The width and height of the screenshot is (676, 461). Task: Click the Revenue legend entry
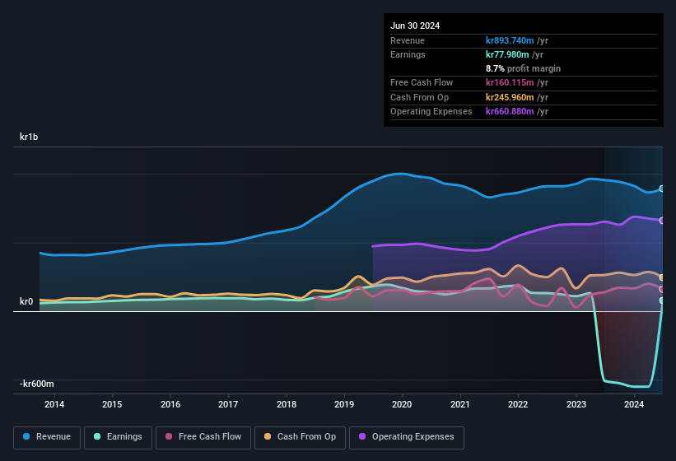pyautogui.click(x=47, y=436)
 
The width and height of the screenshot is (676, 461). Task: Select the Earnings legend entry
pyautogui.click(x=118, y=436)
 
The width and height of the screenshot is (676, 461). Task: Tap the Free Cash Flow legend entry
pyautogui.click(x=203, y=436)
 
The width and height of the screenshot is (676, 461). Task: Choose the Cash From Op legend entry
pyautogui.click(x=299, y=436)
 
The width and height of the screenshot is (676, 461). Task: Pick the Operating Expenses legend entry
pyautogui.click(x=407, y=436)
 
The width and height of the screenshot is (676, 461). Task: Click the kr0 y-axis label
pyautogui.click(x=26, y=301)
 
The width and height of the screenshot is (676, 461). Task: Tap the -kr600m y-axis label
pyautogui.click(x=37, y=384)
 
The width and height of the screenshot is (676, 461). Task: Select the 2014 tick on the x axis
pyautogui.click(x=54, y=404)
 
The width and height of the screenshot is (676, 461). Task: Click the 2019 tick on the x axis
pyautogui.click(x=344, y=404)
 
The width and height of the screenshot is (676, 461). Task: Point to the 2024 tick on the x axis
pyautogui.click(x=634, y=404)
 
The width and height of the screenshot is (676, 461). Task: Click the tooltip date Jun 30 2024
pyautogui.click(x=415, y=26)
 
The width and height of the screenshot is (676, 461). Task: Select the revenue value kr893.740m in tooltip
pyautogui.click(x=516, y=40)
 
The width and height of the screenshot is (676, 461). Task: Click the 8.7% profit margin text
pyautogui.click(x=523, y=68)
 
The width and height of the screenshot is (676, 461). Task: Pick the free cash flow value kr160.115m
pyautogui.click(x=516, y=82)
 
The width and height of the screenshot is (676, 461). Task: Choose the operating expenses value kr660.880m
pyautogui.click(x=516, y=111)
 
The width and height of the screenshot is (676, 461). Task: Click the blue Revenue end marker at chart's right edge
pyautogui.click(x=662, y=189)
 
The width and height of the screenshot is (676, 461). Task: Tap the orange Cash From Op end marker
pyautogui.click(x=662, y=277)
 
